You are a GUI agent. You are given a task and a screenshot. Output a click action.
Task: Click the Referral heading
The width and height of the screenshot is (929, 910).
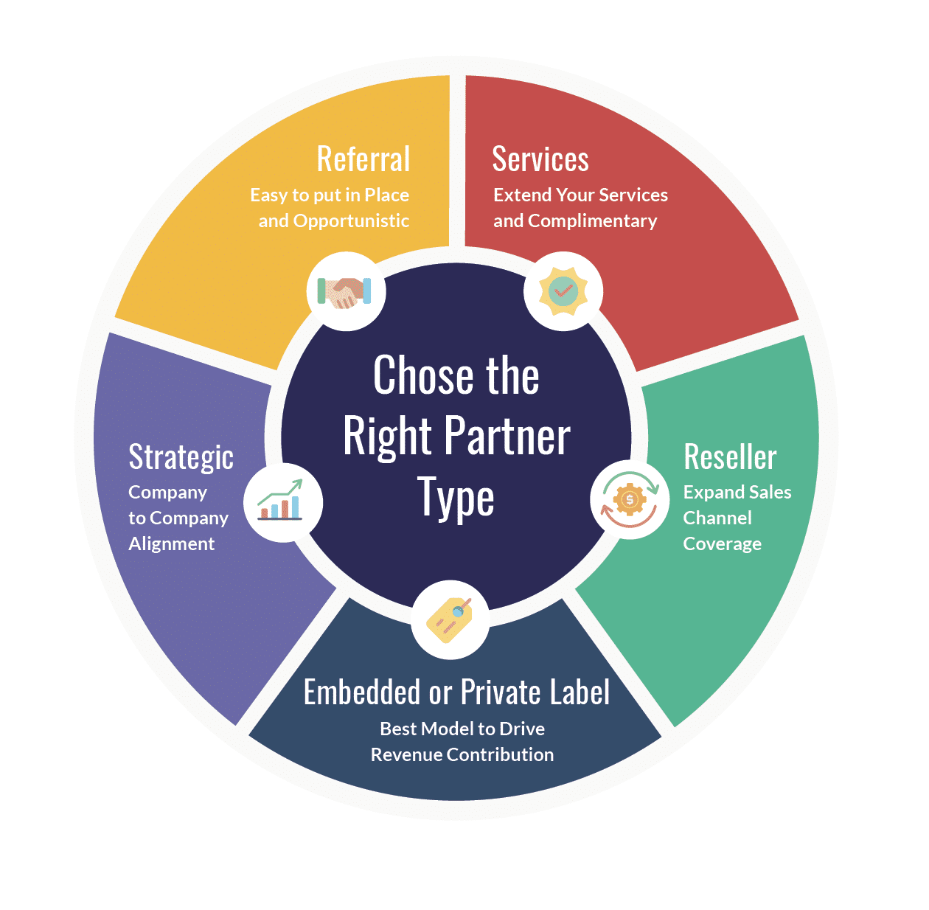pyautogui.click(x=363, y=159)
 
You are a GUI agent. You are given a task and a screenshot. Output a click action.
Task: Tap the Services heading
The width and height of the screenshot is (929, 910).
pyautogui.click(x=540, y=159)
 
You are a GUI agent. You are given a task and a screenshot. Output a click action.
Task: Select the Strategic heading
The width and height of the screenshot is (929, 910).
pyautogui.click(x=181, y=458)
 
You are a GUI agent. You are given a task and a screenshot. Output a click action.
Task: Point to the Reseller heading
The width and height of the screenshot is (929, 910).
pyautogui.click(x=730, y=456)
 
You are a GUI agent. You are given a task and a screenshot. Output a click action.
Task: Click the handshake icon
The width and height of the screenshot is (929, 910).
pyautogui.click(x=344, y=293)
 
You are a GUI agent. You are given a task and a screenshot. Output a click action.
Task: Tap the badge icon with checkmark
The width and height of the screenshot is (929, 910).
pyautogui.click(x=563, y=291)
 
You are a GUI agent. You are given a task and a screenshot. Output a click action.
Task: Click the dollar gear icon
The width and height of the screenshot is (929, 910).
pyautogui.click(x=629, y=499)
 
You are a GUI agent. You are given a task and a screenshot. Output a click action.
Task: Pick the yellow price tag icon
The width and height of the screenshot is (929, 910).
pyautogui.click(x=449, y=620)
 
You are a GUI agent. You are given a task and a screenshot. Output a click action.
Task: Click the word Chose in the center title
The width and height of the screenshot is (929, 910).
pyautogui.click(x=423, y=375)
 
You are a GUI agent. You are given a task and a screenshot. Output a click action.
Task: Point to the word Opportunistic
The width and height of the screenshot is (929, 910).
pyautogui.click(x=351, y=221)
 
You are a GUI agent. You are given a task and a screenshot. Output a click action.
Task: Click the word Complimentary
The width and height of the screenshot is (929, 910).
pyautogui.click(x=593, y=221)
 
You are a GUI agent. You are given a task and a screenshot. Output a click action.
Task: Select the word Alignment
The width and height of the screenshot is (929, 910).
pyautogui.click(x=171, y=544)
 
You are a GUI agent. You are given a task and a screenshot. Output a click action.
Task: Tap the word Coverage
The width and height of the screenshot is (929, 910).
pyautogui.click(x=722, y=544)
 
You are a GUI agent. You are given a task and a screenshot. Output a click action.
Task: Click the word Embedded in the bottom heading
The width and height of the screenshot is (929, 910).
pyautogui.click(x=361, y=692)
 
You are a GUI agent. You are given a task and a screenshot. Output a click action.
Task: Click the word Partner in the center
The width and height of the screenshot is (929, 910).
pyautogui.click(x=507, y=437)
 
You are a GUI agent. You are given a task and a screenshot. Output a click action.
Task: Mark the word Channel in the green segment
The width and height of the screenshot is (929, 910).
pyautogui.click(x=717, y=518)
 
